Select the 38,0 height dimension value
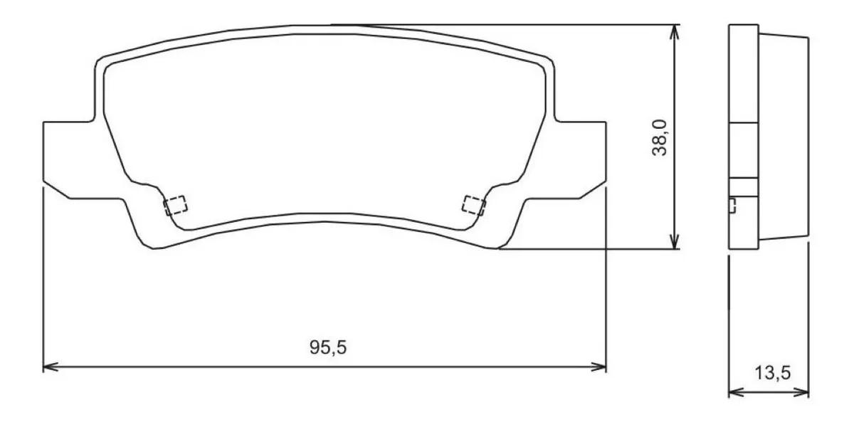[x=659, y=137]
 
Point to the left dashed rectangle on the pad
[x=175, y=205]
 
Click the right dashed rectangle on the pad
[x=473, y=205]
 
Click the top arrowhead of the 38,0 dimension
[x=675, y=30]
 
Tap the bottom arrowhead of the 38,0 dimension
[x=675, y=244]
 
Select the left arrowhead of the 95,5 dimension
[x=48, y=367]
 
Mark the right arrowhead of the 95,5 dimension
[x=601, y=367]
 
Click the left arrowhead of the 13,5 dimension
[x=734, y=392]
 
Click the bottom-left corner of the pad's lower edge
[x=154, y=248]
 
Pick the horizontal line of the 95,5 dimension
[x=213, y=367]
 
